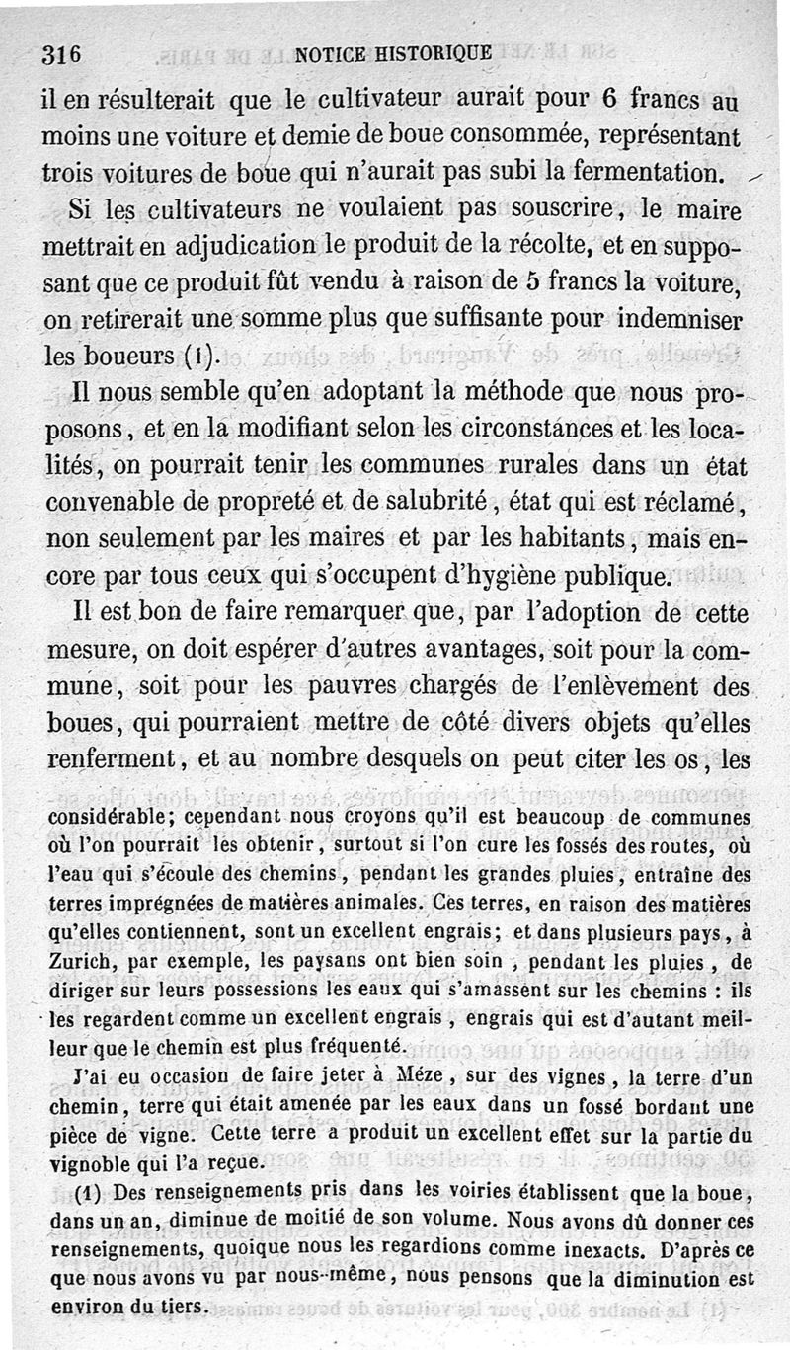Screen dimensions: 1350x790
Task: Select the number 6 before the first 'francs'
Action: click(x=610, y=100)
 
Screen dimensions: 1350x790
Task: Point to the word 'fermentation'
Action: click(x=638, y=172)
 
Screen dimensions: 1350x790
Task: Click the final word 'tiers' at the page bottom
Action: click(x=180, y=1308)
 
